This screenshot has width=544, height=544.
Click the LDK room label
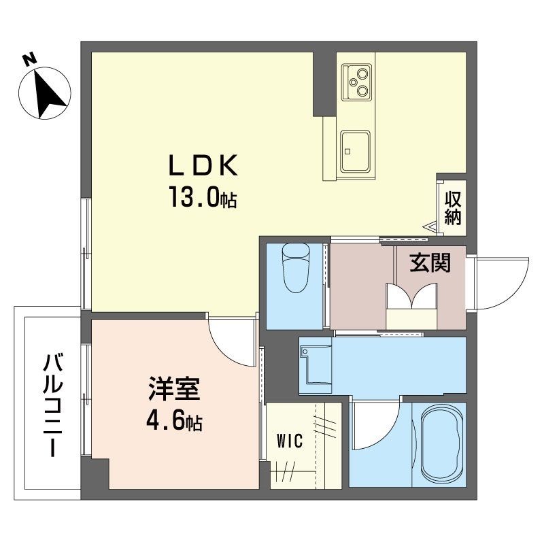point(202,166)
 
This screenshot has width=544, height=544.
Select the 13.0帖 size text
point(203,199)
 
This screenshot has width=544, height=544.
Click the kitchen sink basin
point(356,150)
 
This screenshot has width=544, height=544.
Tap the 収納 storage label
point(453,208)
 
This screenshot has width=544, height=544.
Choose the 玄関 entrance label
point(430,264)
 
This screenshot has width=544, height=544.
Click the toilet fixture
point(295,268)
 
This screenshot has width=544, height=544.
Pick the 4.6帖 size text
point(173,422)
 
